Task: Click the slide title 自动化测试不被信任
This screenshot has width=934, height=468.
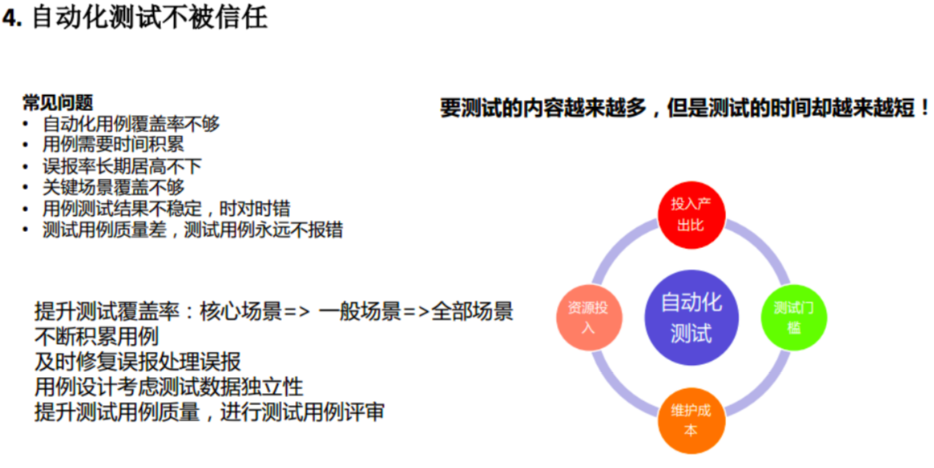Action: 149,18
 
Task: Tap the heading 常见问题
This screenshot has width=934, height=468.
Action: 57,103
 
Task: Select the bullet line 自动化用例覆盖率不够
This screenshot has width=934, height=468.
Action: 131,124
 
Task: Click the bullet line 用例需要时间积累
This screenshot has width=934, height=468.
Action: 113,146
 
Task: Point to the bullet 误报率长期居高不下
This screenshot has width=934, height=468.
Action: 122,167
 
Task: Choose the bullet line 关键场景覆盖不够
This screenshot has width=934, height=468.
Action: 113,188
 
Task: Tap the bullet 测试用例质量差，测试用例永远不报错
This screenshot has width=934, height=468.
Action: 193,230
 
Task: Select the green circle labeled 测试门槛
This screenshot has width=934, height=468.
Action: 793,317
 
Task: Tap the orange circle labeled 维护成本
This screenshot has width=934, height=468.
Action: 691,420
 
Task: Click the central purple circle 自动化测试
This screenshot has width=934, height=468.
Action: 691,317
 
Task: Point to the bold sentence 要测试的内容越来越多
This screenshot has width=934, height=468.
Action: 685,108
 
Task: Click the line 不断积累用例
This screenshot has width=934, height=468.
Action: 96,336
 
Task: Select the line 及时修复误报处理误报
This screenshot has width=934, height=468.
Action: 138,362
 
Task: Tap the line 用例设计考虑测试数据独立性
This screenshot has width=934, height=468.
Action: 169,387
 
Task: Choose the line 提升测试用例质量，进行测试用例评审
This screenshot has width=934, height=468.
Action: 210,412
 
